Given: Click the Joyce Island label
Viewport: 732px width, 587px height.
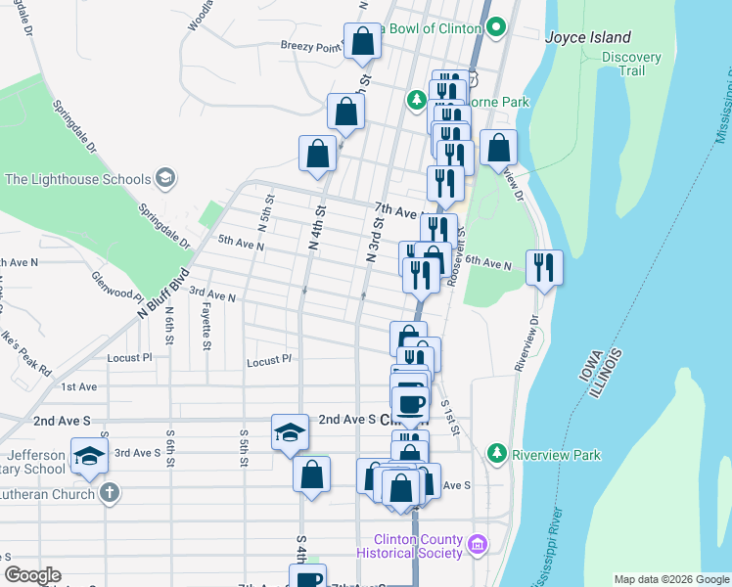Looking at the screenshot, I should [x=587, y=38].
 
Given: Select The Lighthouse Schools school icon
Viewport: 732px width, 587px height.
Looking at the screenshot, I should [x=165, y=178].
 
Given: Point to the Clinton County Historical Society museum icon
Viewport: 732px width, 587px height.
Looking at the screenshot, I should [x=478, y=544].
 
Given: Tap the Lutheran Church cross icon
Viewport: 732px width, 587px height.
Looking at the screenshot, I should [x=110, y=494].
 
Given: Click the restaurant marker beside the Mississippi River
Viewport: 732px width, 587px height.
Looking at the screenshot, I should [x=544, y=267].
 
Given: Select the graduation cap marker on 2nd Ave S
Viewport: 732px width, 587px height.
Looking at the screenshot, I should [x=291, y=430].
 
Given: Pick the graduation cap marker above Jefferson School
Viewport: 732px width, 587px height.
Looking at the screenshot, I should [x=88, y=455].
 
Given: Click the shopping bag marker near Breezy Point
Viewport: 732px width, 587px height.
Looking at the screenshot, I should [x=362, y=42].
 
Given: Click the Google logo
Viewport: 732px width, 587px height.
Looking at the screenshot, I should [x=32, y=575].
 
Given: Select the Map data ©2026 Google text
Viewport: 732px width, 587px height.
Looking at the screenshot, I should [x=670, y=579].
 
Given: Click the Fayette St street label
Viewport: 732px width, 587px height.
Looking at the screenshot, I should [x=206, y=326].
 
